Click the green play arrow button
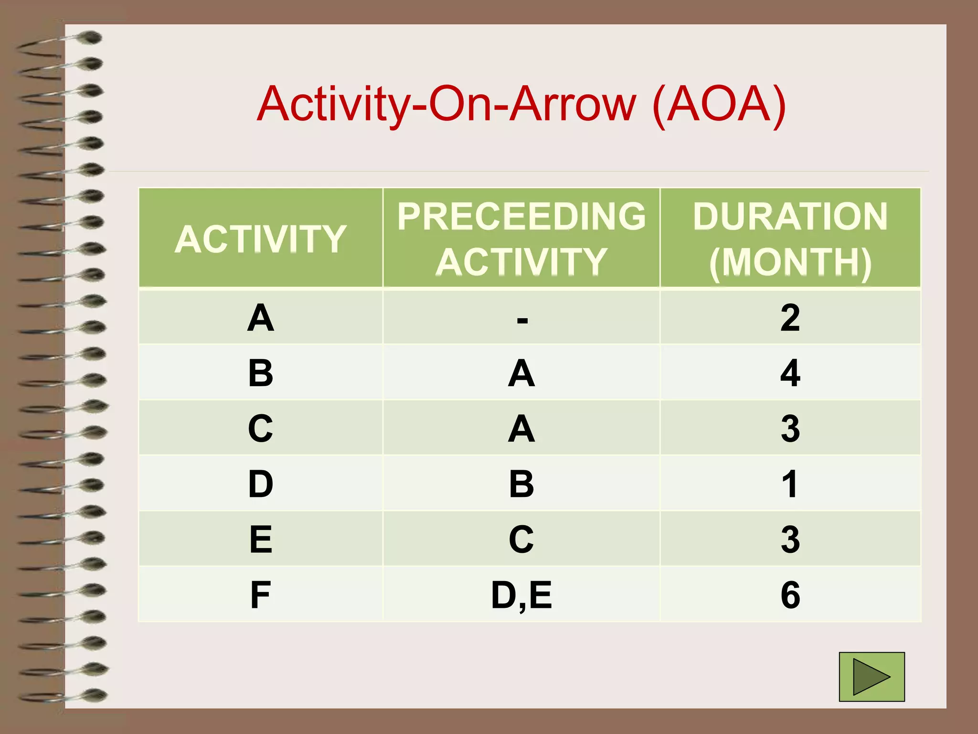872,677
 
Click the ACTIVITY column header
260,239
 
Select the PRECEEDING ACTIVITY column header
521,239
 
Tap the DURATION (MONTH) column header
790,239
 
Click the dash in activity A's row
522,320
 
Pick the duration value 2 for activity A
790,318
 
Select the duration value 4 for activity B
790,373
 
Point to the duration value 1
790,484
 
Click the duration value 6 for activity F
790,595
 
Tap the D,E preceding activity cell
521,595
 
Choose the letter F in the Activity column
260,595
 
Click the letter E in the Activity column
261,540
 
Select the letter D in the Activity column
261,484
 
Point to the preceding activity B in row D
521,484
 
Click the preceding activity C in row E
521,540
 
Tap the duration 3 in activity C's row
790,429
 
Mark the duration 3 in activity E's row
790,540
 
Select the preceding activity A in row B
521,373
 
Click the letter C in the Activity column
261,429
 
